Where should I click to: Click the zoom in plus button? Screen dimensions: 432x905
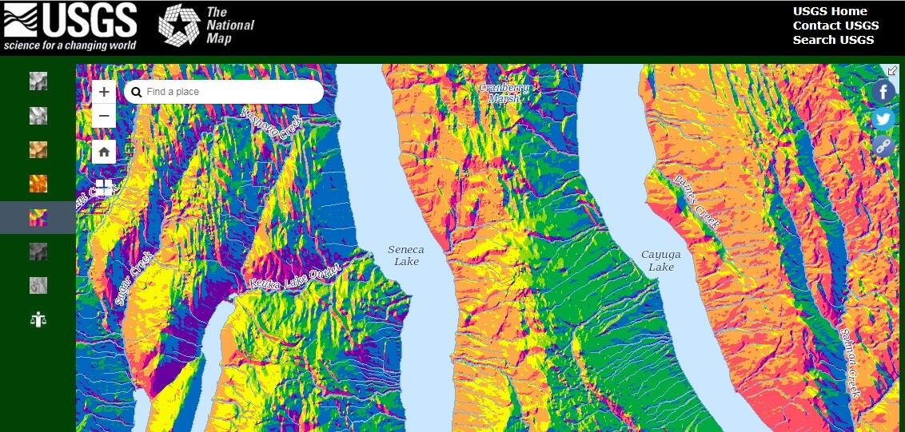coord(104,92)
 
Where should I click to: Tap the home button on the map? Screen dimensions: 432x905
coord(104,152)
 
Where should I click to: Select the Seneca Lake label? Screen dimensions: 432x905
coord(406,256)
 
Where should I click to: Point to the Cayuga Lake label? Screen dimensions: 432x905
coord(660,261)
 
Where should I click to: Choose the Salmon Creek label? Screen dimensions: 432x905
coord(849,363)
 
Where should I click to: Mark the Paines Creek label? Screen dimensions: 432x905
coord(696,202)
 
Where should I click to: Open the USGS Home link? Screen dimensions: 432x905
coord(830,11)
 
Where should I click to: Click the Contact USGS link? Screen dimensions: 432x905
coord(835,26)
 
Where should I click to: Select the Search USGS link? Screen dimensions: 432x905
coord(833,40)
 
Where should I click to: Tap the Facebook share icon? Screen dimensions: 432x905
coord(883,92)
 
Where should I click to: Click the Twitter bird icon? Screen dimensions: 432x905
coord(883,119)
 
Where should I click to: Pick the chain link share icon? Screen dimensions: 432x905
coord(883,145)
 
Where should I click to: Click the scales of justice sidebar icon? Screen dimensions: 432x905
coord(38,319)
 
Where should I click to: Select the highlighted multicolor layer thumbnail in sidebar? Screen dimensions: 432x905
coord(38,217)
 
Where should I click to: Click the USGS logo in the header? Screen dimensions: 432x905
coord(70,26)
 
